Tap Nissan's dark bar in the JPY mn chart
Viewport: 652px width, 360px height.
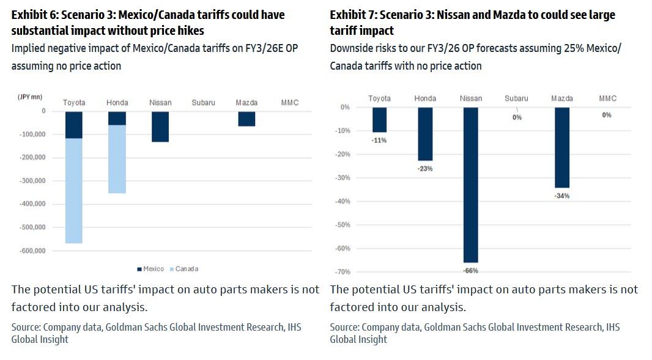[160, 127]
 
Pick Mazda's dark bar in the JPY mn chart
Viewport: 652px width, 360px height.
[246, 119]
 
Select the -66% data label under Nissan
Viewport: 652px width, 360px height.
[470, 270]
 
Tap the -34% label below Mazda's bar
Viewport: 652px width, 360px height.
[561, 196]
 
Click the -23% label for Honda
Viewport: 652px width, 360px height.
[425, 169]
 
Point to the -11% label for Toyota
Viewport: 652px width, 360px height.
[379, 140]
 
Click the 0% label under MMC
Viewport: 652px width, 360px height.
[606, 114]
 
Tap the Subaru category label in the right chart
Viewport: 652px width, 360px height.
[517, 98]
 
